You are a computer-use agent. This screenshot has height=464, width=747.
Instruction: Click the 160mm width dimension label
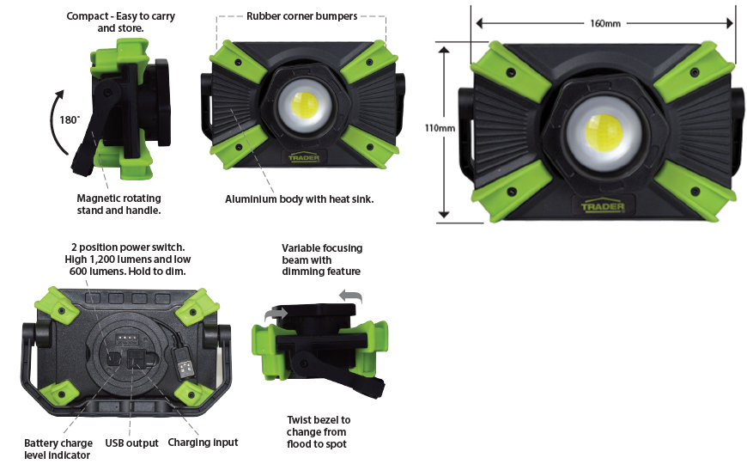605,23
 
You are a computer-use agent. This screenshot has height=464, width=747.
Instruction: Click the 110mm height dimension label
440,128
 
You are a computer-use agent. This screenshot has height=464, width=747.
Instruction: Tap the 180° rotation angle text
70,119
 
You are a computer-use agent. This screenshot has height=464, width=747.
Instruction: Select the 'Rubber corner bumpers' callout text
301,16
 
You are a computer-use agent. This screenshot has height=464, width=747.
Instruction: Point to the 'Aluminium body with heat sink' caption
299,199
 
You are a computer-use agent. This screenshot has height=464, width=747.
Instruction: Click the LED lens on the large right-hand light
604,132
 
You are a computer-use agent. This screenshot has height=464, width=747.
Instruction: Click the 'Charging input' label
203,443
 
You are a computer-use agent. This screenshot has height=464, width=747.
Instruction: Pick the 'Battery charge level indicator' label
58,449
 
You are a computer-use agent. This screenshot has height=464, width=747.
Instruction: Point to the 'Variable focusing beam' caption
322,259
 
